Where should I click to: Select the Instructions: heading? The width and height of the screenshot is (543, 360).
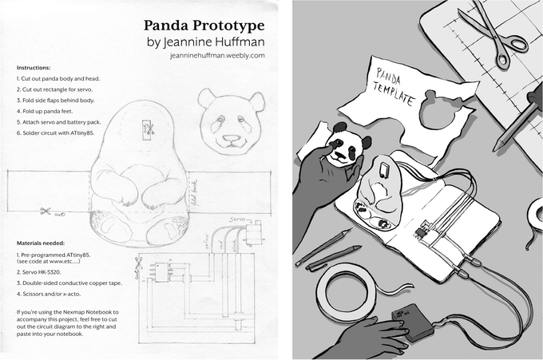click(x=34, y=68)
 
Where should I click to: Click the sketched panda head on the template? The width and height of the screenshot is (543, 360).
click(x=232, y=120)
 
